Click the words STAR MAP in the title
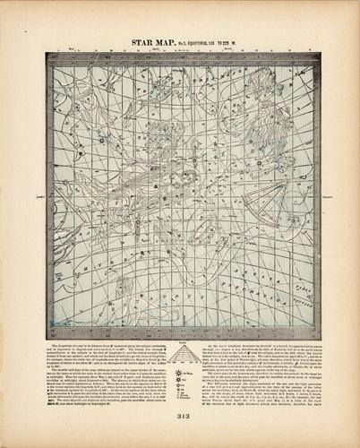[x=152, y=41]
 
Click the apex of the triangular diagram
[x=180, y=348]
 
